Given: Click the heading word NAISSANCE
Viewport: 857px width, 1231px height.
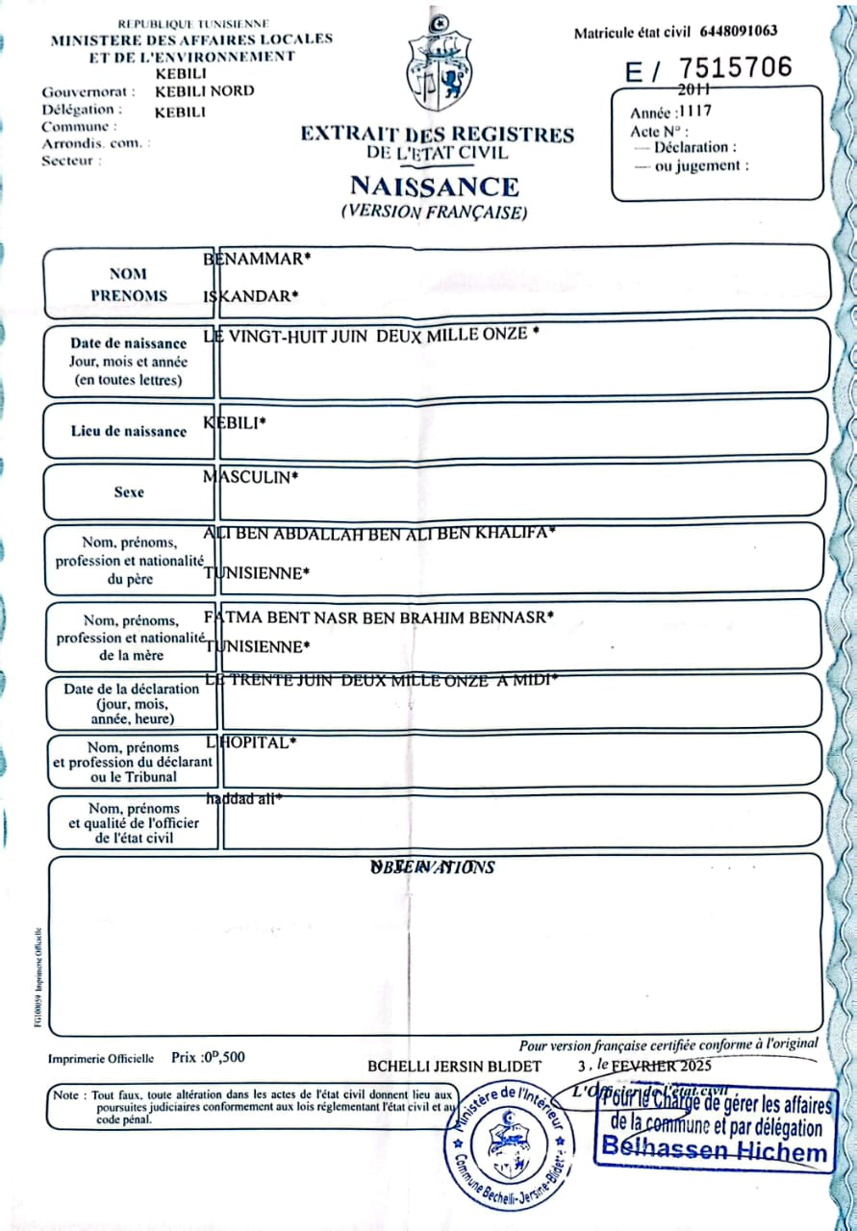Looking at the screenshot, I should [x=434, y=186].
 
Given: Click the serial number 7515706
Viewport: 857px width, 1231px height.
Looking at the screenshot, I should [x=736, y=67].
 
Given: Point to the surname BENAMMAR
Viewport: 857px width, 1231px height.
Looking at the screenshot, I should [x=258, y=259].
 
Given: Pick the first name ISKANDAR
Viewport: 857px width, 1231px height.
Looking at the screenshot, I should [x=251, y=295].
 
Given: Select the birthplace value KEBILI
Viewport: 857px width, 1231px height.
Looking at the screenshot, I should [x=235, y=423].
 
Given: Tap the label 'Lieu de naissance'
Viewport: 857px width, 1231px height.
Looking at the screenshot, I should [x=129, y=432].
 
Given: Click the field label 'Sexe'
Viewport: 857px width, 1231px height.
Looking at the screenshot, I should [x=129, y=492].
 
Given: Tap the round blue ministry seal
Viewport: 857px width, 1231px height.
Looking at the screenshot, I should [x=506, y=1141].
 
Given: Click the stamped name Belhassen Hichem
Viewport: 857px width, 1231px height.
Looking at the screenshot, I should [x=714, y=1149].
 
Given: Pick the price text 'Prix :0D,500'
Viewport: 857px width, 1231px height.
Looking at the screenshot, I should [x=208, y=1057].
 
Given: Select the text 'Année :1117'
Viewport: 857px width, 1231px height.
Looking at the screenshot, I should [x=671, y=112].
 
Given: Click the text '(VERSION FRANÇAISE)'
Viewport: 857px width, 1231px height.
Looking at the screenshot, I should [x=434, y=213].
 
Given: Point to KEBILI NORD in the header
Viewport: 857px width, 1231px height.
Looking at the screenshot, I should [x=205, y=91].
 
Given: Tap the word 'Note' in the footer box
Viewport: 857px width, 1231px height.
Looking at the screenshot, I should [x=67, y=1095].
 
